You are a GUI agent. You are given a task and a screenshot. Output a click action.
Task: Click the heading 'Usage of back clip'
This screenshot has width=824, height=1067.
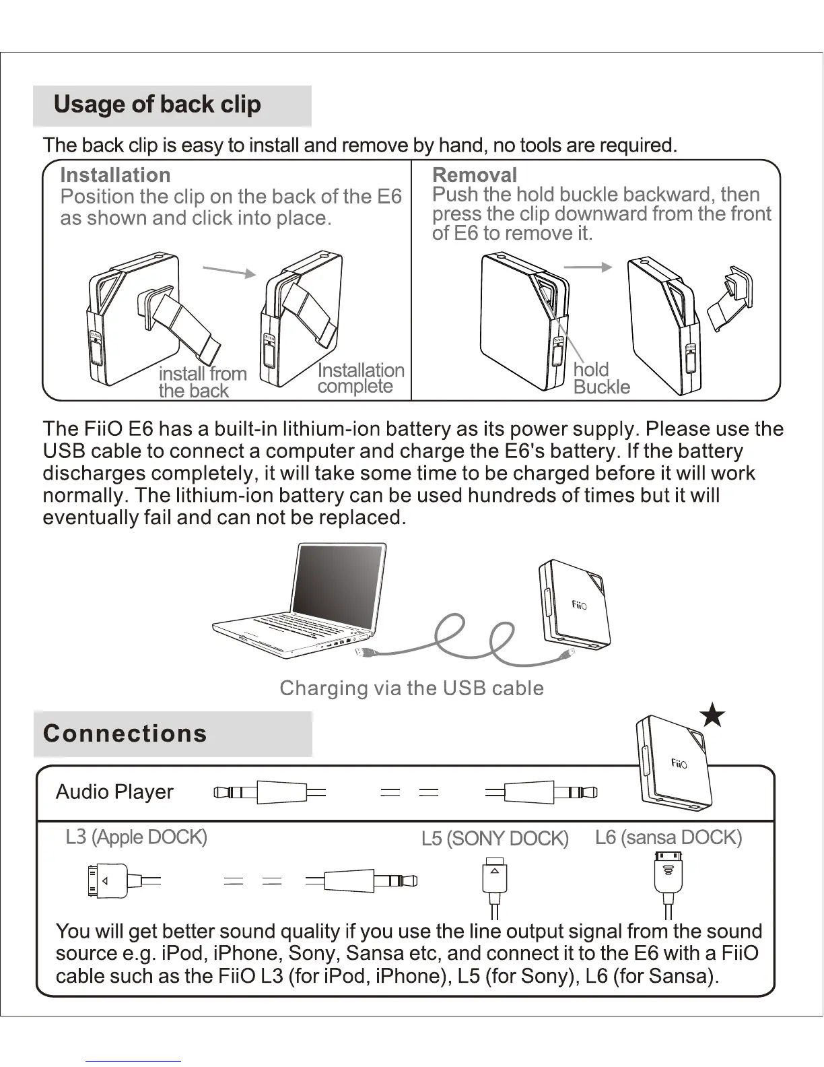tap(157, 104)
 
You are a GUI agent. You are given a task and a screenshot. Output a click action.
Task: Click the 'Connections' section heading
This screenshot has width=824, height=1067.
tap(125, 734)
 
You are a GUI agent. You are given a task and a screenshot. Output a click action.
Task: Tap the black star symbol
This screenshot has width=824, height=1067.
tap(712, 715)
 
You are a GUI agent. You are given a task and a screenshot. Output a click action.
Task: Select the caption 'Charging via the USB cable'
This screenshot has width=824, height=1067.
tap(411, 688)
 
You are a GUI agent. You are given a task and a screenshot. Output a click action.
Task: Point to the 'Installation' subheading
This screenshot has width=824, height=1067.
tap(115, 175)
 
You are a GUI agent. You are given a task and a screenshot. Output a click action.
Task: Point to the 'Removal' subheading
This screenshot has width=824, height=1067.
tap(474, 175)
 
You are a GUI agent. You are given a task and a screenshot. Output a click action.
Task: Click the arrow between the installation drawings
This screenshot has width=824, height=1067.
tap(230, 271)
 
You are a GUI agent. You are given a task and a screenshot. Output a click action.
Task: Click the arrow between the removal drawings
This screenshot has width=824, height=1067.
tap(587, 267)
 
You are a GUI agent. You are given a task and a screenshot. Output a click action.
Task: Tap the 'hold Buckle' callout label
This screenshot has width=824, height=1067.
tap(601, 378)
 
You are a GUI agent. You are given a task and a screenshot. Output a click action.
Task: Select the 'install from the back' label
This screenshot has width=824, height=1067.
tap(202, 382)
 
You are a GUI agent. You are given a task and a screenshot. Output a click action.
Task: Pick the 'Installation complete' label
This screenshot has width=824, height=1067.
tap(360, 378)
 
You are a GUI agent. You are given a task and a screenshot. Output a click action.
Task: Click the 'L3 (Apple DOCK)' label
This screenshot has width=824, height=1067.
tap(136, 837)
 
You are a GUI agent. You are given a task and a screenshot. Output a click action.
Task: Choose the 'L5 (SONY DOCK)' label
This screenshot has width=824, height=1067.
tap(495, 839)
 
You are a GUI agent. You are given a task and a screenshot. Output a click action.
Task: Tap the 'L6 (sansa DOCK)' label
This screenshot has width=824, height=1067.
tap(668, 837)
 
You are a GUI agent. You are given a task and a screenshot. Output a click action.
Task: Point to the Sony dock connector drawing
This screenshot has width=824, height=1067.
tap(495, 879)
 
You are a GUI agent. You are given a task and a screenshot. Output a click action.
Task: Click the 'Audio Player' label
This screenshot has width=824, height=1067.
tap(114, 792)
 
